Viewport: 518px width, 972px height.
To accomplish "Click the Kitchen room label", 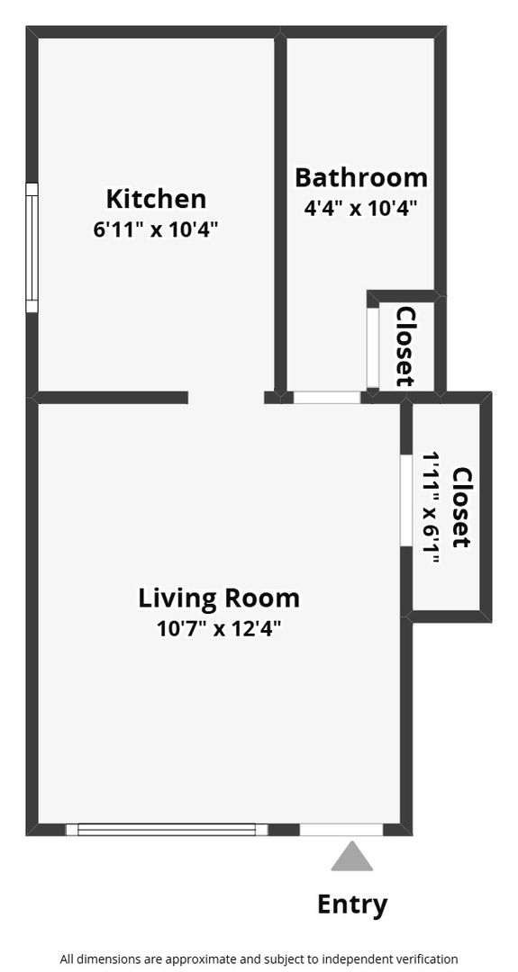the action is (156, 200).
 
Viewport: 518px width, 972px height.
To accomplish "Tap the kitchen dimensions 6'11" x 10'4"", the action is (156, 229).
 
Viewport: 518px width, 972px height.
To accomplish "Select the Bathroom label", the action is (361, 178).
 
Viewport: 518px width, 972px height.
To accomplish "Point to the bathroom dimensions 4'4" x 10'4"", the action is (359, 208).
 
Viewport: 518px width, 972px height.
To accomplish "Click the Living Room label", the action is (219, 598).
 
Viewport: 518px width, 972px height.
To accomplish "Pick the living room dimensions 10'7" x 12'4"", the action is (219, 629).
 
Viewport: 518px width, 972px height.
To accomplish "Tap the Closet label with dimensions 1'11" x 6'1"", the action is (462, 507).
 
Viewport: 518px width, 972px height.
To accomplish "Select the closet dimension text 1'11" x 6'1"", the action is (432, 508).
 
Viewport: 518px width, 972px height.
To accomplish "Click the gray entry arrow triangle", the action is (351, 856).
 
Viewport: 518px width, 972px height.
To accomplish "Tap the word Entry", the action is (352, 904).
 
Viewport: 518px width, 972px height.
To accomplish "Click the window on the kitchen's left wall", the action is (32, 247).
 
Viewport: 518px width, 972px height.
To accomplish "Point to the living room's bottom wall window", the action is (167, 830).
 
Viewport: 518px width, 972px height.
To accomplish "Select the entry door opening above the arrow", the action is (341, 830).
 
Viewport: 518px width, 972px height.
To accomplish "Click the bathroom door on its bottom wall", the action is (327, 398).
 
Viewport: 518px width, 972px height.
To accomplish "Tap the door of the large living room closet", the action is (406, 501).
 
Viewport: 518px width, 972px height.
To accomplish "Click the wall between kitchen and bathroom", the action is (280, 214).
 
